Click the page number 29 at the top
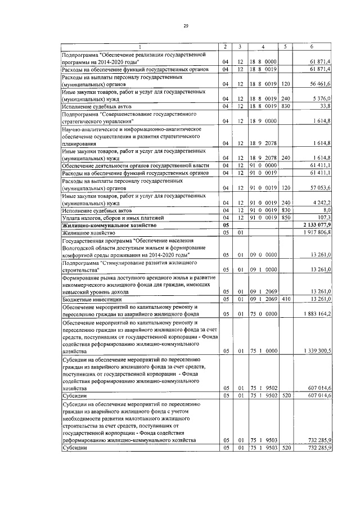pyautogui.click(x=185, y=26)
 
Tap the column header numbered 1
pyautogui.click(x=140, y=46)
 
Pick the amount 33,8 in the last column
pyautogui.click(x=325, y=105)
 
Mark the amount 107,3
pyautogui.click(x=323, y=217)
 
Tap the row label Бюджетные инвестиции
pyautogui.click(x=88, y=299)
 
